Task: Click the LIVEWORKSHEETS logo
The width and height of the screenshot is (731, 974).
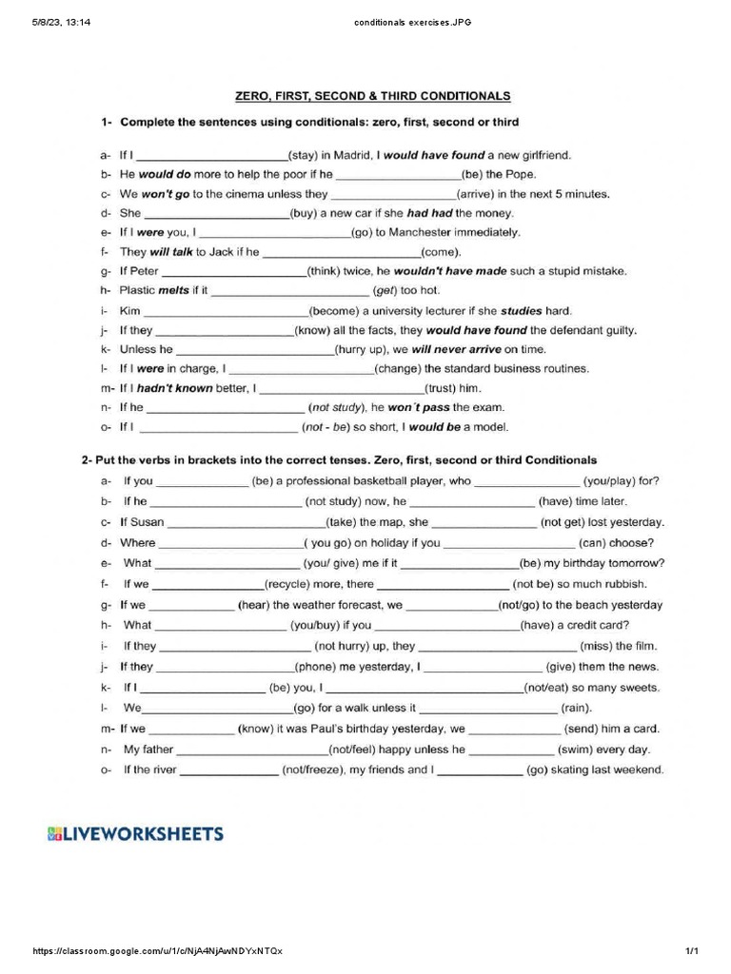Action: click(x=136, y=834)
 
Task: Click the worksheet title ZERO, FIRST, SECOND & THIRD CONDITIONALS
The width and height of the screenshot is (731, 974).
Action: click(x=372, y=96)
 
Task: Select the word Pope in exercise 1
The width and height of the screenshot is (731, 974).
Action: click(x=520, y=174)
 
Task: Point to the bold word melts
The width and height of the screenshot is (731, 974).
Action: click(x=173, y=290)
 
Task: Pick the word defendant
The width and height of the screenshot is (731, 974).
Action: click(x=566, y=330)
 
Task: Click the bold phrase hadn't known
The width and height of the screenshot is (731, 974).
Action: click(x=175, y=388)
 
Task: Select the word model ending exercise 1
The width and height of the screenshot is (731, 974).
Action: click(x=489, y=427)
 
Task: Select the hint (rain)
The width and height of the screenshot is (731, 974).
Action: click(x=575, y=708)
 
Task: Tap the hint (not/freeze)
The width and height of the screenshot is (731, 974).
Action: click(x=310, y=769)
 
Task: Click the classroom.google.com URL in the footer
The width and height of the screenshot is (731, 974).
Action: click(x=157, y=951)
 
